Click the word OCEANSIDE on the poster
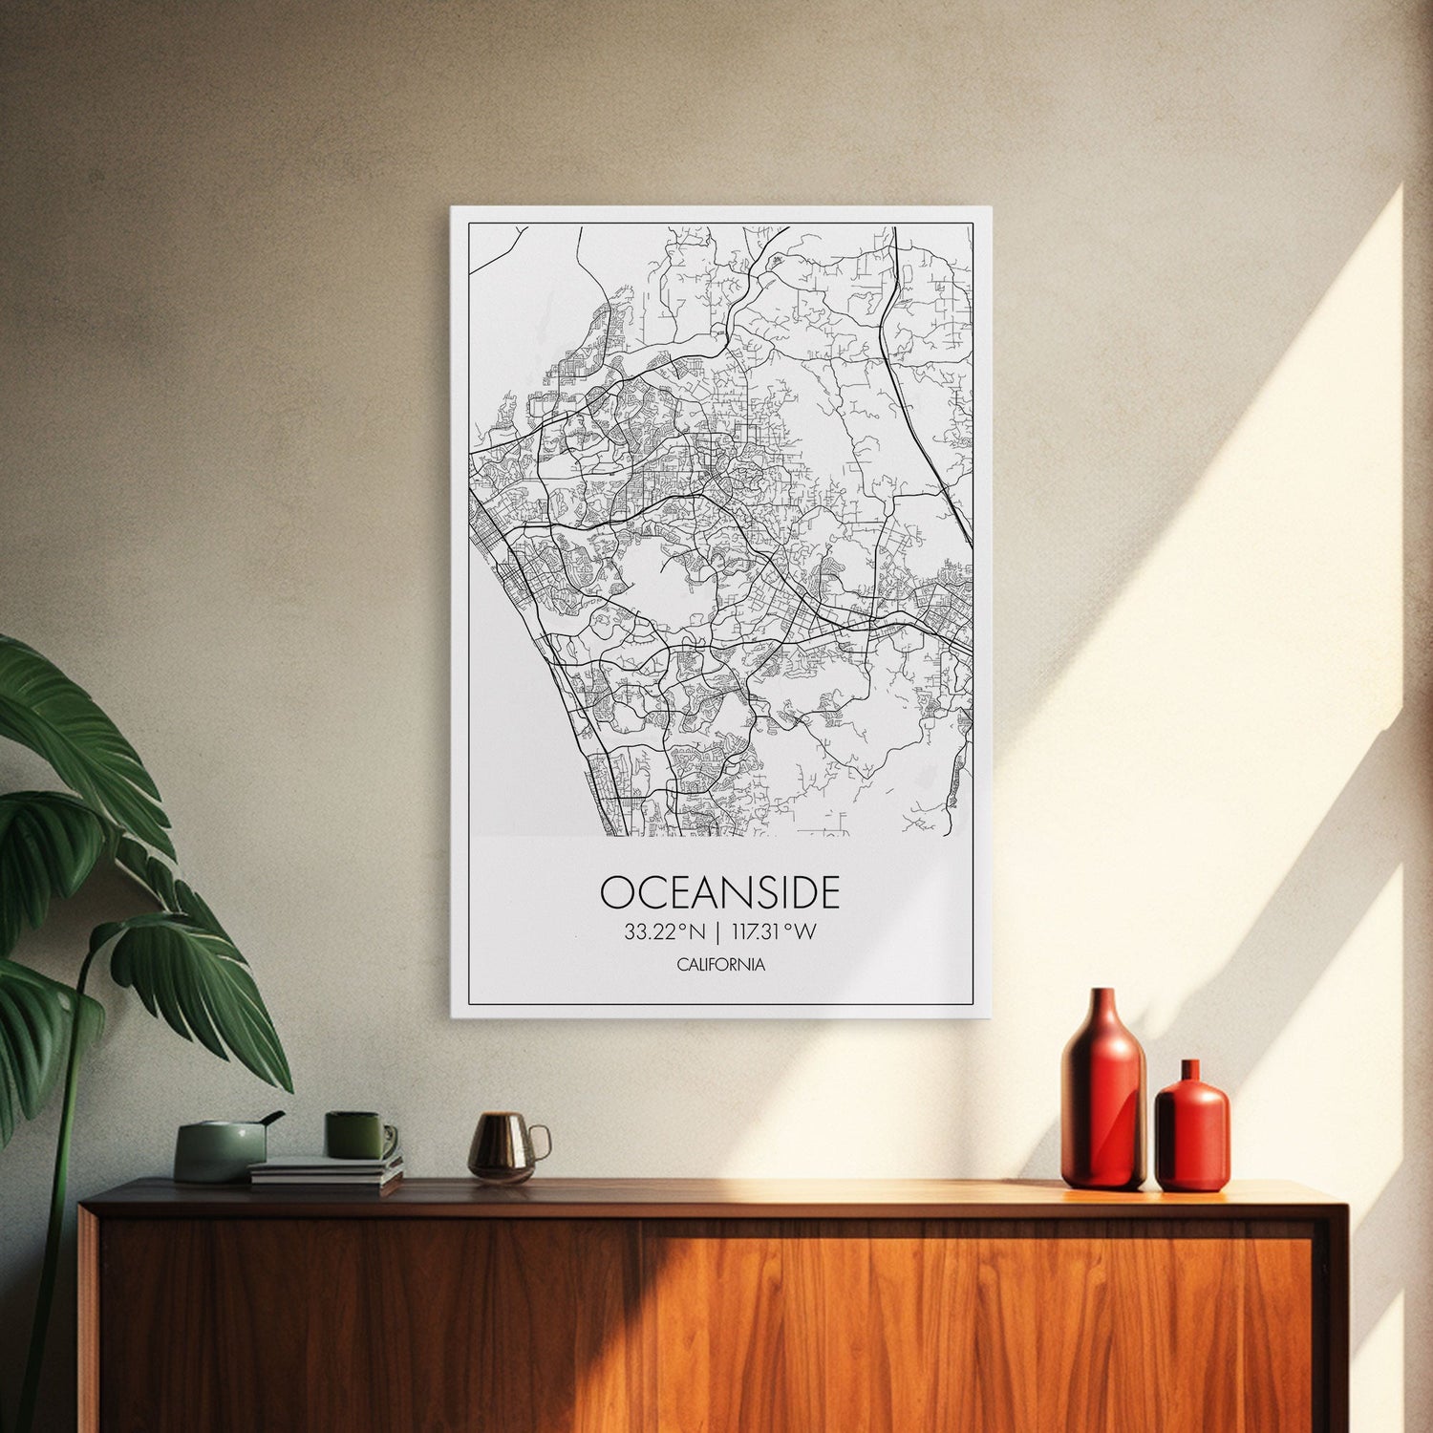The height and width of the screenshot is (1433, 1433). pos(719,892)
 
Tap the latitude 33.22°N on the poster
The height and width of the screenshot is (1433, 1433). pos(664,931)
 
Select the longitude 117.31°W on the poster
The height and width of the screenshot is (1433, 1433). pos(773,931)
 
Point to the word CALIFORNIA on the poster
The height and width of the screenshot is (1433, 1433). pos(720,965)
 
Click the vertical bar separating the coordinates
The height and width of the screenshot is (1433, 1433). pos(717,931)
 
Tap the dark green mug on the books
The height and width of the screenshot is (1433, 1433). pos(353,1135)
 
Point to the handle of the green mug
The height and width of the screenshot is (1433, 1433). pos(390,1139)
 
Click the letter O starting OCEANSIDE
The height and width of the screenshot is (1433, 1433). pos(617,892)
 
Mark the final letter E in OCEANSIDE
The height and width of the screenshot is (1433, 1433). pos(828,892)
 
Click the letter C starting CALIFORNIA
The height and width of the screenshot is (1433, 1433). pos(682,965)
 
